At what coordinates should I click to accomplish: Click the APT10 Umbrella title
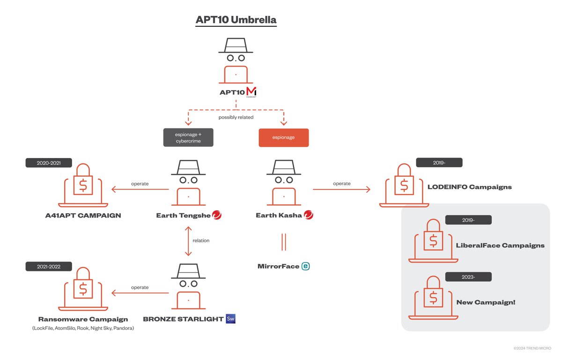tap(236, 21)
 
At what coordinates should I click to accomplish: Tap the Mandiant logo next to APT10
tap(251, 92)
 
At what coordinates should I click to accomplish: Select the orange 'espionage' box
tap(283, 137)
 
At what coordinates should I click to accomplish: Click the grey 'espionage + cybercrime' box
tap(188, 137)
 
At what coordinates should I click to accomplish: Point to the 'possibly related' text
tap(236, 117)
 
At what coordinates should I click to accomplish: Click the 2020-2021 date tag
tap(49, 163)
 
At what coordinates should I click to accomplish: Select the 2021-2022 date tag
tap(49, 266)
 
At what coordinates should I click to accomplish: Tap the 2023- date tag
tap(468, 277)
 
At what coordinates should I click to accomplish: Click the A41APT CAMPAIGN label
tap(83, 216)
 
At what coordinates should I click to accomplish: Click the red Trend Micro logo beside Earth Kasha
tap(309, 215)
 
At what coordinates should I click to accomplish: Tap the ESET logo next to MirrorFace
tap(306, 266)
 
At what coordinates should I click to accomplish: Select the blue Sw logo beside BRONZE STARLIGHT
tap(230, 319)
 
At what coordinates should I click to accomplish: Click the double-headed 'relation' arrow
tap(188, 240)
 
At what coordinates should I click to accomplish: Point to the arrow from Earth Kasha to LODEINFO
tap(341, 189)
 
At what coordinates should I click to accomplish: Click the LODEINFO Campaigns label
tap(469, 187)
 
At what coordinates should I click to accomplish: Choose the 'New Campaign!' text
tap(486, 302)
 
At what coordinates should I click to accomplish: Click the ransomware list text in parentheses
tap(83, 328)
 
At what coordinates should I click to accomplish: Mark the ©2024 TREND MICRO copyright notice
tap(532, 348)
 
